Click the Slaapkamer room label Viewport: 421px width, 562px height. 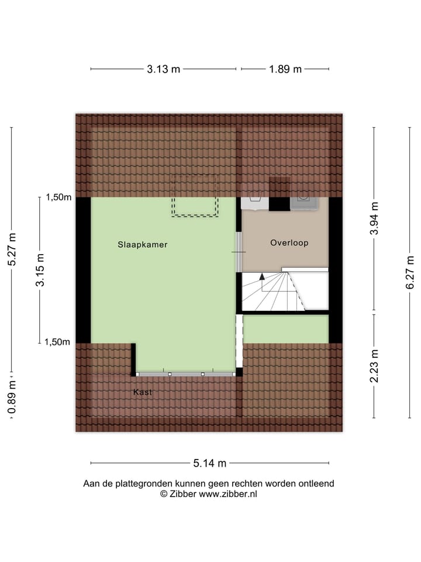point(142,245)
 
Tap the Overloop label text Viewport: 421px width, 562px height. point(289,242)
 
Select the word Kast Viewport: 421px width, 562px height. point(142,392)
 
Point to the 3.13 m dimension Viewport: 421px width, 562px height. point(164,69)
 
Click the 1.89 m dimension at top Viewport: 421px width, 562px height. point(285,69)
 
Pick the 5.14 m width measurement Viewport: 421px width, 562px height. point(210,464)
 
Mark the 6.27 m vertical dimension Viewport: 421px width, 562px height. point(410,272)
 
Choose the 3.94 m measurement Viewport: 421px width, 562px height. point(374,218)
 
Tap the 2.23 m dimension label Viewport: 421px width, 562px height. point(374,366)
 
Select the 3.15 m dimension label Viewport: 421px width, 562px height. point(40,270)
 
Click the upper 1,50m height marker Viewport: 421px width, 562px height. point(58,197)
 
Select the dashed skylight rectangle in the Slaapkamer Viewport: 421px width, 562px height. point(195,196)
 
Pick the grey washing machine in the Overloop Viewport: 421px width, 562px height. point(305,203)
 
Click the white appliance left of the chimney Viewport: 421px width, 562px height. point(255,203)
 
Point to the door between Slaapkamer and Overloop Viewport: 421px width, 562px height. point(239,252)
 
